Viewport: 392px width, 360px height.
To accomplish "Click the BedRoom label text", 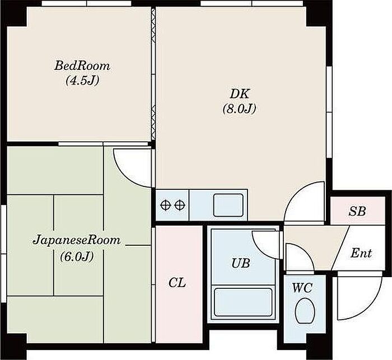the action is (82, 66).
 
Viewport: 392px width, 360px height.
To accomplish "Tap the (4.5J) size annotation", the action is (82, 81).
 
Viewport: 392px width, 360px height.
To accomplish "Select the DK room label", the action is (240, 94).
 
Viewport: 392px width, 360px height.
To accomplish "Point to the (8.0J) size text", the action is (240, 109).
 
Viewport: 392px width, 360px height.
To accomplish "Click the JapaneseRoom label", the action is (77, 240).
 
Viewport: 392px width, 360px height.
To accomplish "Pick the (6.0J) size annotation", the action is (77, 256).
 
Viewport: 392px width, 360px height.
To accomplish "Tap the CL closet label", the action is (177, 283).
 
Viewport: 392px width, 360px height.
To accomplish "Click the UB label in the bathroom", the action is (240, 263).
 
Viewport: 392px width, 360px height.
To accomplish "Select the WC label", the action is (302, 288).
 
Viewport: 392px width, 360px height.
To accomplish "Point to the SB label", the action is (357, 212).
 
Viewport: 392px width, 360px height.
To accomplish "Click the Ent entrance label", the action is (361, 253).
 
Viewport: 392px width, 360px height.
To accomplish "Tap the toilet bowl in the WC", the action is (305, 311).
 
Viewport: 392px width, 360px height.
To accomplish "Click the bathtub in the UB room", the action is (243, 302).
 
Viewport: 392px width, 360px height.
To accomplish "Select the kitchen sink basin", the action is (228, 205).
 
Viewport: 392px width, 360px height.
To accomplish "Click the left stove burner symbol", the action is (165, 205).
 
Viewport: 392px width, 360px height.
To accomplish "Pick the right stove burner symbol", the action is (180, 205).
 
